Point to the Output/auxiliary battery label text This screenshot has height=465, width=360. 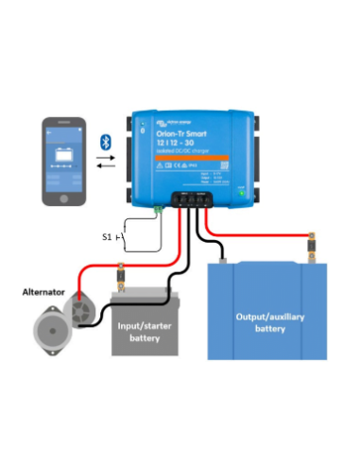pyautogui.click(x=267, y=321)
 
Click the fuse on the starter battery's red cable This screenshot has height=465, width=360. pyautogui.click(x=120, y=280)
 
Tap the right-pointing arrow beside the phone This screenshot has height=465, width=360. pyautogui.click(x=107, y=159)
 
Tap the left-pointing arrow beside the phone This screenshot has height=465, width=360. pyautogui.click(x=107, y=167)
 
